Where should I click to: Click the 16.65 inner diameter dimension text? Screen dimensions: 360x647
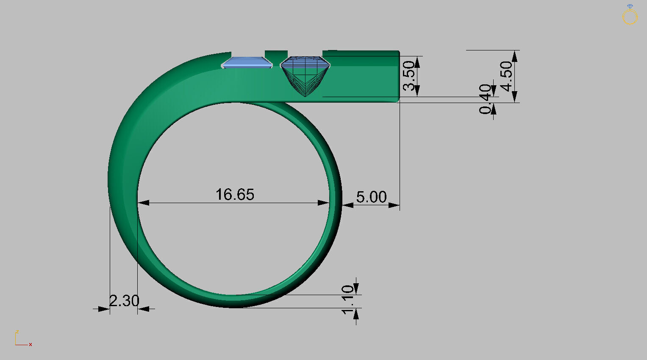[x=235, y=195]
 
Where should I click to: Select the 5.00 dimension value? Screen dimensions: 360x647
[x=371, y=197]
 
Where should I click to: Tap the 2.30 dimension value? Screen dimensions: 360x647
[x=124, y=301]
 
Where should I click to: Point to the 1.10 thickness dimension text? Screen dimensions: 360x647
[x=347, y=300]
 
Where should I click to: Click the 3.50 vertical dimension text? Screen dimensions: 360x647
[x=409, y=76]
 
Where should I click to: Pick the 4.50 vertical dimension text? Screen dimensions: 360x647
[x=506, y=76]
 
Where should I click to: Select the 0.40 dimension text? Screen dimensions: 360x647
[x=485, y=99]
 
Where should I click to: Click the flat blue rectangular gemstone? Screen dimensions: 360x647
[x=247, y=63]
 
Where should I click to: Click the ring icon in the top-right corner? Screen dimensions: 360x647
[x=630, y=15]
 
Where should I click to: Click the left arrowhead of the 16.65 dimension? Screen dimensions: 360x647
[x=143, y=203]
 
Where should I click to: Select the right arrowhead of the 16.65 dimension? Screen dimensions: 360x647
[x=324, y=203]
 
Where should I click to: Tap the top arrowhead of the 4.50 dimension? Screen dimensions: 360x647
[x=514, y=56]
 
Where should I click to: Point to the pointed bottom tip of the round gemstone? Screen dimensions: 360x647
[x=305, y=96]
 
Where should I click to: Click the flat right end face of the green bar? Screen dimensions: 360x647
[x=399, y=75]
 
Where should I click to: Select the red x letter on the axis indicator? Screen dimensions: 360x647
[x=31, y=345]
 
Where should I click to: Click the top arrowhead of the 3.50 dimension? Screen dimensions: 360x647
[x=417, y=61]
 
